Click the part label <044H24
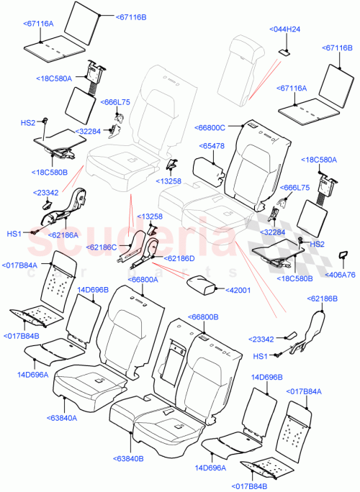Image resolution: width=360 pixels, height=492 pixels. pyautogui.click(x=287, y=29)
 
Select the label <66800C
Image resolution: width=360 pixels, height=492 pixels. pyautogui.click(x=210, y=127)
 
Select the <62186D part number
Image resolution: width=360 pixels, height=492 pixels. pyautogui.click(x=179, y=258)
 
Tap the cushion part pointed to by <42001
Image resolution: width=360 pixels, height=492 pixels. pyautogui.click(x=203, y=284)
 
